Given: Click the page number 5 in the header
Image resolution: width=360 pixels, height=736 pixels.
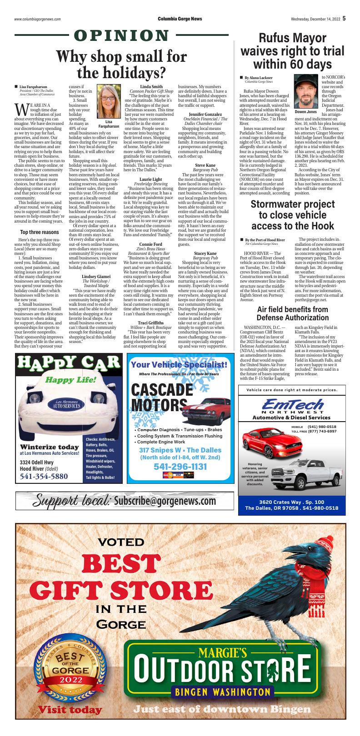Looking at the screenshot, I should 344,19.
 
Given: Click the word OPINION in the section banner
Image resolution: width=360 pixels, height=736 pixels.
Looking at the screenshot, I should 122,36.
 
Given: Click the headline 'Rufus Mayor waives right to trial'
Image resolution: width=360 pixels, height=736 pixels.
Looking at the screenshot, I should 292,50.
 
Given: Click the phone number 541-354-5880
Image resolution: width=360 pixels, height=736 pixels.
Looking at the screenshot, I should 44,477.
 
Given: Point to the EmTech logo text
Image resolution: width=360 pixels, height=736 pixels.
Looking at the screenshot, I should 291,404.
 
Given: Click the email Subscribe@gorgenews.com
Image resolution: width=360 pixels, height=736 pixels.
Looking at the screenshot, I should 165,501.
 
